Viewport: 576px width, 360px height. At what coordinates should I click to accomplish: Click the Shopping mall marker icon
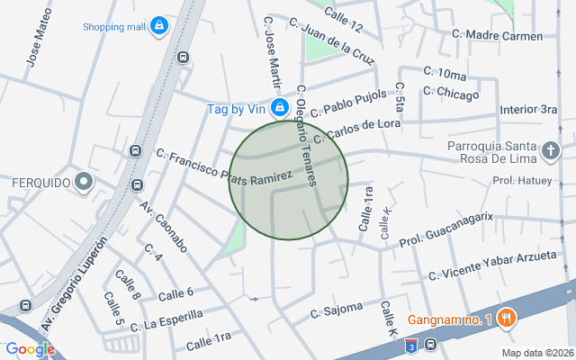159,25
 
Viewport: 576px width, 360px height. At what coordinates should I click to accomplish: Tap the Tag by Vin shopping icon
280,108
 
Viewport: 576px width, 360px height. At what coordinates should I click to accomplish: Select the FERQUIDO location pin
84,183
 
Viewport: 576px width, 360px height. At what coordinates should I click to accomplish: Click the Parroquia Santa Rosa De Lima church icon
551,150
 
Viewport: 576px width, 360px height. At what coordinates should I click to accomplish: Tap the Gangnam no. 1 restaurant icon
508,319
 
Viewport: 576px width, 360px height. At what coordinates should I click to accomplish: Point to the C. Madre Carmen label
498,36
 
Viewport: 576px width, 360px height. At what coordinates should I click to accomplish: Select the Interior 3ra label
529,109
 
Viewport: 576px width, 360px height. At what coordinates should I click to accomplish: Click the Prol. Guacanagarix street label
447,229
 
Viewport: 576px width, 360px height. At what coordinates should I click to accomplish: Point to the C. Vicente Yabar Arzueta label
492,265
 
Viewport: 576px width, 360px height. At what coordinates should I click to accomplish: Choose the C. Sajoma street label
336,311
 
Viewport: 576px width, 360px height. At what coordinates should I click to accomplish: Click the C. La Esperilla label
166,319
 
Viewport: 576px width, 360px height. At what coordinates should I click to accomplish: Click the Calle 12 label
343,15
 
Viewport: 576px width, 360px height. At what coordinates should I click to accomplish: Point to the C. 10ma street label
445,73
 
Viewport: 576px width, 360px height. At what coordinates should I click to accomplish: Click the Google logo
31,349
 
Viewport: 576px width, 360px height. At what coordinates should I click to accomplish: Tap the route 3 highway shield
410,346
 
